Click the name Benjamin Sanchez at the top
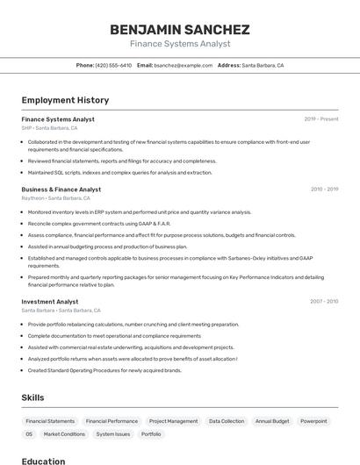pyautogui.click(x=179, y=29)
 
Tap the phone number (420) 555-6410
pyautogui.click(x=113, y=65)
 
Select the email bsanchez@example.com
pyautogui.click(x=183, y=65)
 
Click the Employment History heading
pyautogui.click(x=65, y=100)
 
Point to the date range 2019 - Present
pyautogui.click(x=320, y=118)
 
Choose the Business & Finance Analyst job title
pyautogui.click(x=61, y=189)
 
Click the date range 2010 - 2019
pyautogui.click(x=323, y=189)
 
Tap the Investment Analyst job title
pyautogui.click(x=50, y=301)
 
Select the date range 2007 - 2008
pyautogui.click(x=323, y=301)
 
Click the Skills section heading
pyautogui.click(x=32, y=397)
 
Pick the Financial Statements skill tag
pyautogui.click(x=50, y=421)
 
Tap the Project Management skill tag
pyautogui.click(x=173, y=421)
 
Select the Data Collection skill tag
pyautogui.click(x=227, y=421)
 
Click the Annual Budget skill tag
pyautogui.click(x=272, y=421)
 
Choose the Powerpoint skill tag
pyautogui.click(x=313, y=421)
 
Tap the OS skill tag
pyautogui.click(x=29, y=434)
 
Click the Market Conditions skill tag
pyautogui.click(x=64, y=434)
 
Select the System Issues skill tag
pyautogui.click(x=113, y=434)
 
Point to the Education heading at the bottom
pyautogui.click(x=43, y=461)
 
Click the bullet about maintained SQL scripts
pyautogui.click(x=119, y=173)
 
